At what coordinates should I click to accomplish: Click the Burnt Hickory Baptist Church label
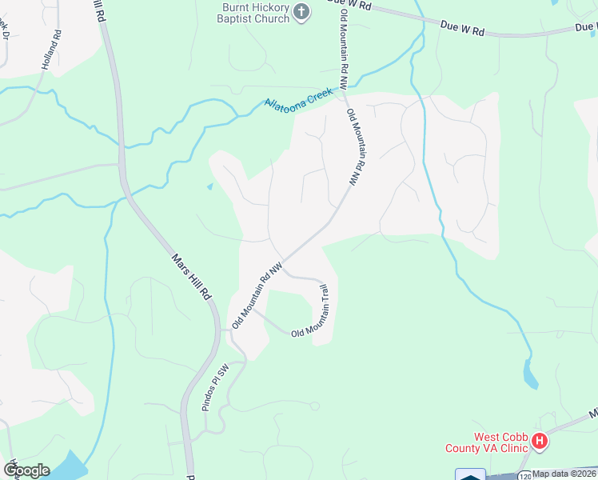(255, 13)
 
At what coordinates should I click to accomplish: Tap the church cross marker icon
(301, 12)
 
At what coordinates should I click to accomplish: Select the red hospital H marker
(540, 441)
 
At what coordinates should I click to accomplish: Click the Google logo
(26, 470)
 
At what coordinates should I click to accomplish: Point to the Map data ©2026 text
(564, 474)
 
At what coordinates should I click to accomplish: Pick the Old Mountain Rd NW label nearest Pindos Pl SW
(257, 295)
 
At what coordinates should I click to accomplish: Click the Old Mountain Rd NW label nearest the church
(344, 44)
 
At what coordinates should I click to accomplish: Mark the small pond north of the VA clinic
(528, 372)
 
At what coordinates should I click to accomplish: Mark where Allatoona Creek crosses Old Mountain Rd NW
(343, 91)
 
